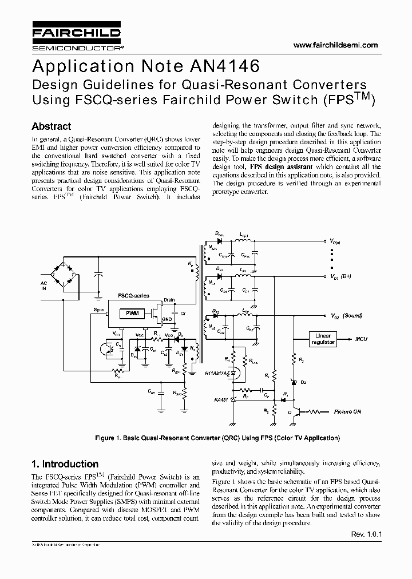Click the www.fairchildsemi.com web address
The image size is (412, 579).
[335, 45]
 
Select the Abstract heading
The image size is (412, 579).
[51, 126]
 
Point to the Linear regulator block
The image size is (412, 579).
[323, 338]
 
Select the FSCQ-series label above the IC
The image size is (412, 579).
[133, 296]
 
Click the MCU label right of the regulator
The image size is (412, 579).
[361, 339]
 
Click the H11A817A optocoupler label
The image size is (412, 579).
[217, 373]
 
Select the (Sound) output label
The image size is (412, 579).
[353, 316]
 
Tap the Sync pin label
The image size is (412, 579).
[99, 309]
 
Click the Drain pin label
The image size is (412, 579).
[169, 300]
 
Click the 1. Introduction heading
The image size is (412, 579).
[65, 464]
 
